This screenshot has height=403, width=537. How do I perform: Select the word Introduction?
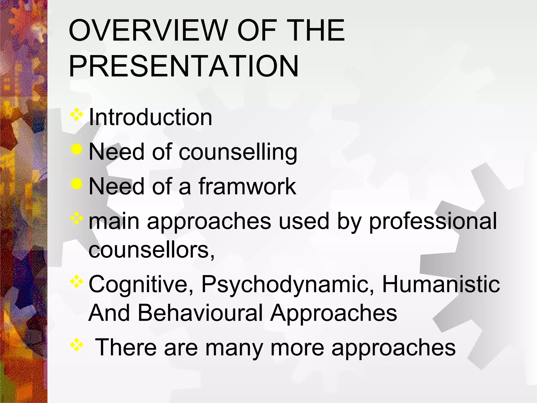coord(151,117)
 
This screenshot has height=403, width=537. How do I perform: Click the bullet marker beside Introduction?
coord(76,115)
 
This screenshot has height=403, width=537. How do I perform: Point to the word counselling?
coord(238,152)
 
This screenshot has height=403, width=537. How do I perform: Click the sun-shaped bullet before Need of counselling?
coord(76,150)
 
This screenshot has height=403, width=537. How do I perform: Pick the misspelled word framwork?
coord(247,186)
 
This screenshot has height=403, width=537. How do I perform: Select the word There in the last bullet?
coord(126,347)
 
